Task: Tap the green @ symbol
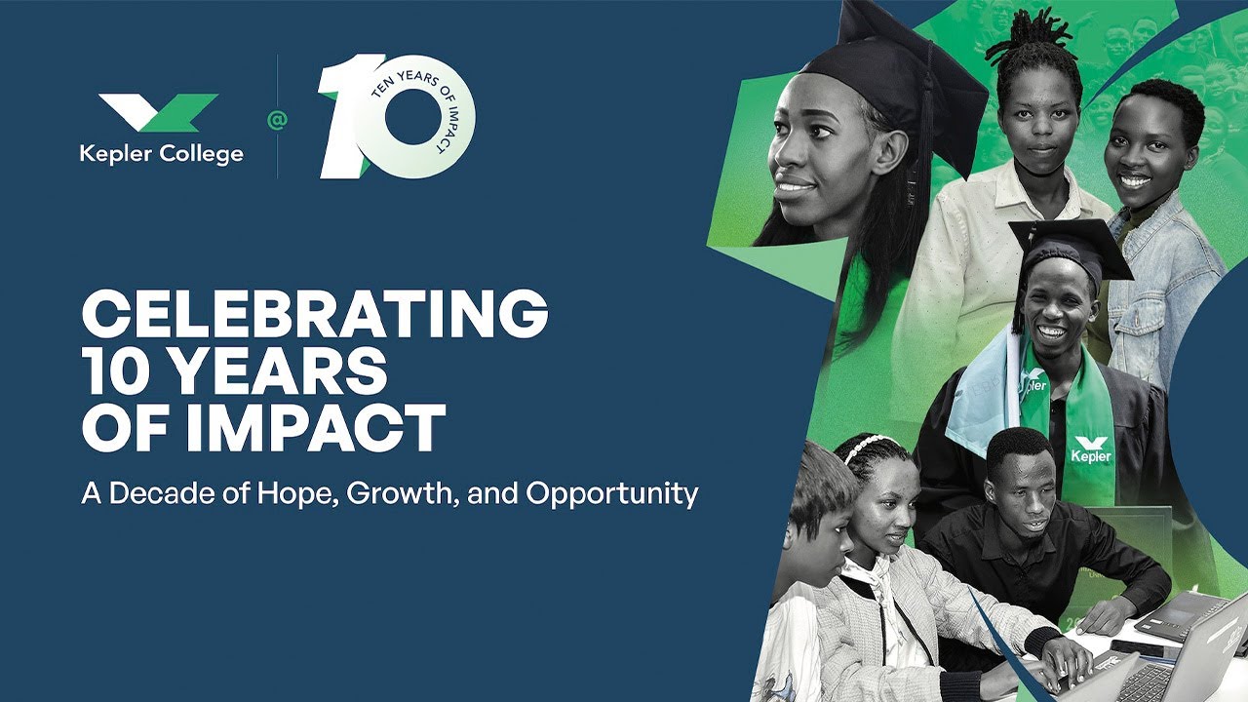click(x=277, y=120)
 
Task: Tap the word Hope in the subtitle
click(x=293, y=493)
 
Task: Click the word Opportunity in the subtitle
click(x=612, y=493)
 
